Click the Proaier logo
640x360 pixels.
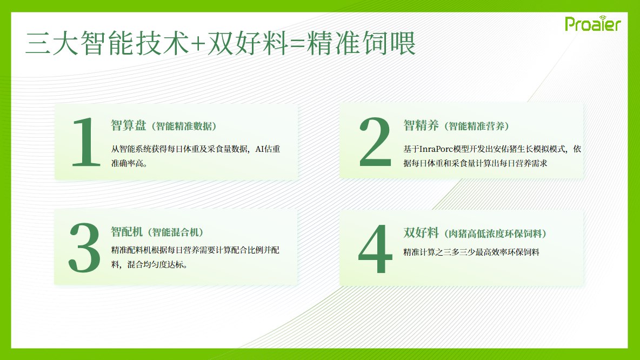point(592,24)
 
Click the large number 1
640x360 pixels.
point(86,142)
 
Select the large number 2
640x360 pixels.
point(375,142)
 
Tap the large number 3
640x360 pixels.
point(84,248)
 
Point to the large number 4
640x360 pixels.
point(375,249)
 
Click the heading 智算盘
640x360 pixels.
point(128,125)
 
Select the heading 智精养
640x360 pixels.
point(421,125)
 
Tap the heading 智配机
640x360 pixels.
point(126,232)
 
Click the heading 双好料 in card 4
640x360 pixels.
point(421,232)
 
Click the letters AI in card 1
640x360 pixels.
point(259,149)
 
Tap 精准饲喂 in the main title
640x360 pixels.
point(361,43)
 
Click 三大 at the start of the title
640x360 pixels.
point(52,43)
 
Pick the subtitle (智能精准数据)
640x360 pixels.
point(184,126)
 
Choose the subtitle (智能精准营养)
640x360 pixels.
point(476,126)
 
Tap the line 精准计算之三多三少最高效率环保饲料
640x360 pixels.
point(471,252)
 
